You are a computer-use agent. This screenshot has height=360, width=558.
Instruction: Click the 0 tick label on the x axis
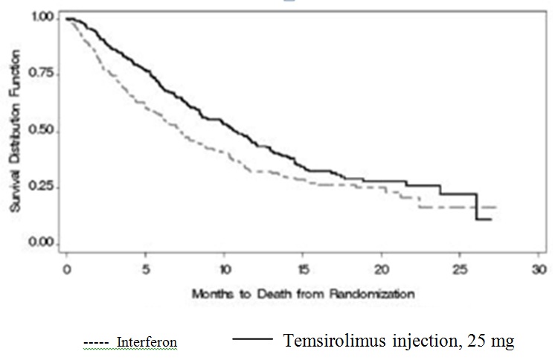67,269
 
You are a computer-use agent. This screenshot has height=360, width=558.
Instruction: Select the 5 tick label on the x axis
146,269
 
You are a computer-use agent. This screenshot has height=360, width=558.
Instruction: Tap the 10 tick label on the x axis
225,269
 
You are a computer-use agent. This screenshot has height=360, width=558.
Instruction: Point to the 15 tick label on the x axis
304,269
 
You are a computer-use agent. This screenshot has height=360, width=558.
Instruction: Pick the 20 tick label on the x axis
382,269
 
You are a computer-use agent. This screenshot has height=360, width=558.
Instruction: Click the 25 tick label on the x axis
461,269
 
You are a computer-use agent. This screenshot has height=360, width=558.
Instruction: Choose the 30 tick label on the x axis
539,269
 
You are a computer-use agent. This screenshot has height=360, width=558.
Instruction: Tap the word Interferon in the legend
147,342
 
